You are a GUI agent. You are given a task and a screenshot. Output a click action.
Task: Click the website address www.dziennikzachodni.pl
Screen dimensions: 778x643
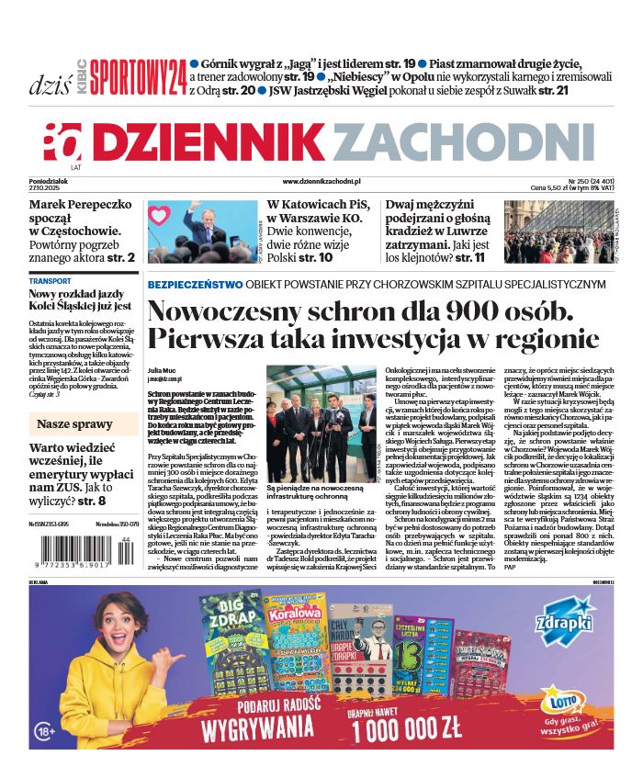[x=321, y=185]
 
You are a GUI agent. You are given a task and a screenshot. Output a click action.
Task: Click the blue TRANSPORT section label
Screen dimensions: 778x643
[x=50, y=281]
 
